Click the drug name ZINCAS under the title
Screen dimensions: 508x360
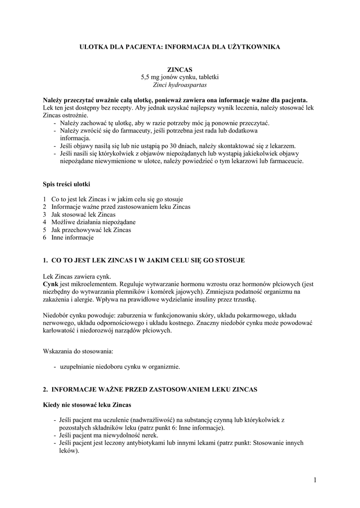(180, 70)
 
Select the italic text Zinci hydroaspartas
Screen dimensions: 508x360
(180, 85)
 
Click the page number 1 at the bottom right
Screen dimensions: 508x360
(315, 479)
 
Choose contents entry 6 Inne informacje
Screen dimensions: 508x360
(72, 238)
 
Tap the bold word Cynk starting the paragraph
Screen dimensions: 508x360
(51, 284)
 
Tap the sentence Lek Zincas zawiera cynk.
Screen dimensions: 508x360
(77, 276)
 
